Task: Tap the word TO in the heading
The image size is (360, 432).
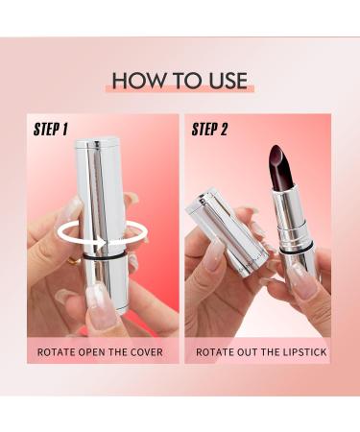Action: point(180,81)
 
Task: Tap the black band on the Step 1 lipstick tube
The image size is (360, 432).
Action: point(105,257)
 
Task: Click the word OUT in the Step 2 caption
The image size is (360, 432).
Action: point(251,351)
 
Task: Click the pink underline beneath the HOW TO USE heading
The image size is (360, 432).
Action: point(180,93)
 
